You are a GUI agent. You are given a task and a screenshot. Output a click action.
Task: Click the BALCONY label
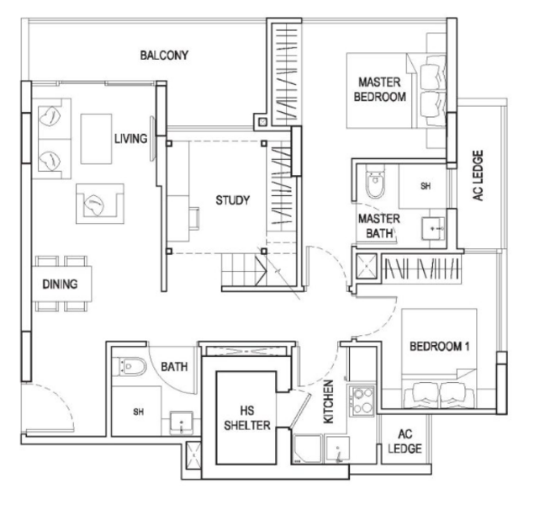pyautogui.click(x=165, y=56)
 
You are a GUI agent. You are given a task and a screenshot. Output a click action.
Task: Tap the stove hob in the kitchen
pyautogui.click(x=363, y=399)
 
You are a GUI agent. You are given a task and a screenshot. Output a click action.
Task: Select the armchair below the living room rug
pyautogui.click(x=98, y=203)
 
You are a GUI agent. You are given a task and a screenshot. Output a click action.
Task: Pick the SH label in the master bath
pyautogui.click(x=426, y=184)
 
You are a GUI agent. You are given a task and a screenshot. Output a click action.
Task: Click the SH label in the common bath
pyautogui.click(x=139, y=412)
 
